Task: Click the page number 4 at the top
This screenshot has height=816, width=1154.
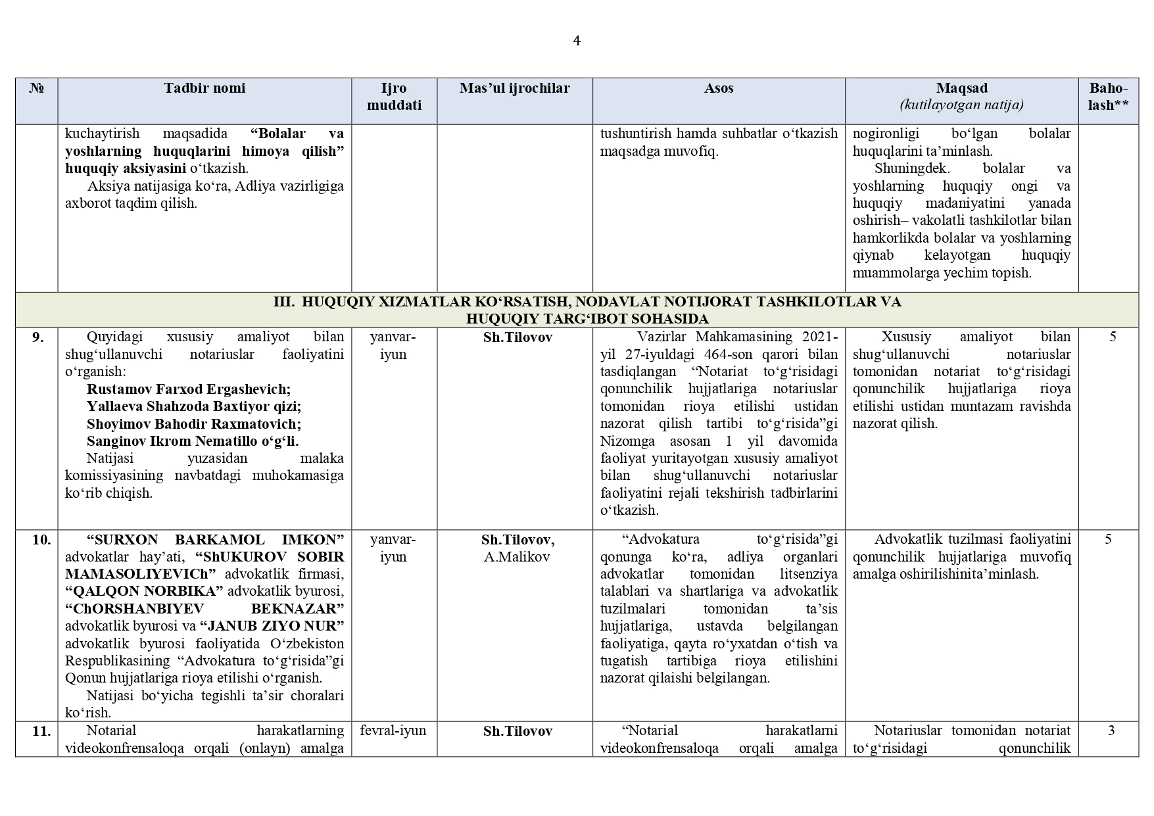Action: [x=577, y=41]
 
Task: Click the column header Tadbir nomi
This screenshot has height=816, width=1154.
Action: [x=204, y=88]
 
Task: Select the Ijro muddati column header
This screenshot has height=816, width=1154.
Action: [x=394, y=97]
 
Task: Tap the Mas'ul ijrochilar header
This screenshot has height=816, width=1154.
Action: [x=514, y=88]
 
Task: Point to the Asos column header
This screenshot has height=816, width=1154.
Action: [x=719, y=88]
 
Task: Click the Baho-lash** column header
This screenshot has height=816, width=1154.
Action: [x=1108, y=97]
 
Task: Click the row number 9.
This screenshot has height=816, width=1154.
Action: [x=38, y=337]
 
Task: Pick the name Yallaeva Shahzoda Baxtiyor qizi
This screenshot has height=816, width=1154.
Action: [x=194, y=406]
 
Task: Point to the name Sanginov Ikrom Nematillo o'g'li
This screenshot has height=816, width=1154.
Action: [x=193, y=441]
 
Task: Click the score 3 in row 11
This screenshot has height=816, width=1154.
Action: [x=1111, y=731]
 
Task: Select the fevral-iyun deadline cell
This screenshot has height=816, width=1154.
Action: [x=393, y=731]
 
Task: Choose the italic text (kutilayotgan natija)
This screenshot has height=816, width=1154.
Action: [x=961, y=105]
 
